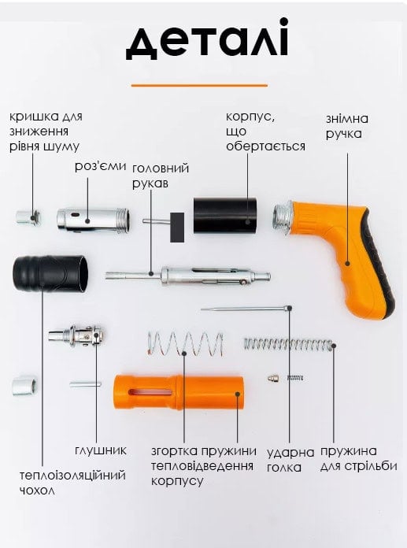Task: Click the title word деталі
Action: [x=207, y=39]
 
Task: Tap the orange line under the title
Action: [x=199, y=85]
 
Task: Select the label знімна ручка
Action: [x=347, y=126]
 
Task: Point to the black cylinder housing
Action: [x=225, y=216]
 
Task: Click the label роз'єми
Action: [x=100, y=166]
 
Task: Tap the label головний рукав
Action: [x=161, y=176]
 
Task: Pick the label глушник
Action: [x=101, y=450]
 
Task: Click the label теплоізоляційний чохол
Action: [x=72, y=483]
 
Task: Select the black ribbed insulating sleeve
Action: [x=50, y=274]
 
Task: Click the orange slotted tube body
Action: [x=179, y=392]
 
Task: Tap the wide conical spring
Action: [x=185, y=343]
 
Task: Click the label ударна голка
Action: [x=290, y=460]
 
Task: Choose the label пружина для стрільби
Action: [x=358, y=458]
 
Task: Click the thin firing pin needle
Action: [x=246, y=309]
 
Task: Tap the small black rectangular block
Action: [x=177, y=228]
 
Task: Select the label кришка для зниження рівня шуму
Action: [x=46, y=131]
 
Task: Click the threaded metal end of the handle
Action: [x=282, y=218]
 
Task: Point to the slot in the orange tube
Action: [x=150, y=392]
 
